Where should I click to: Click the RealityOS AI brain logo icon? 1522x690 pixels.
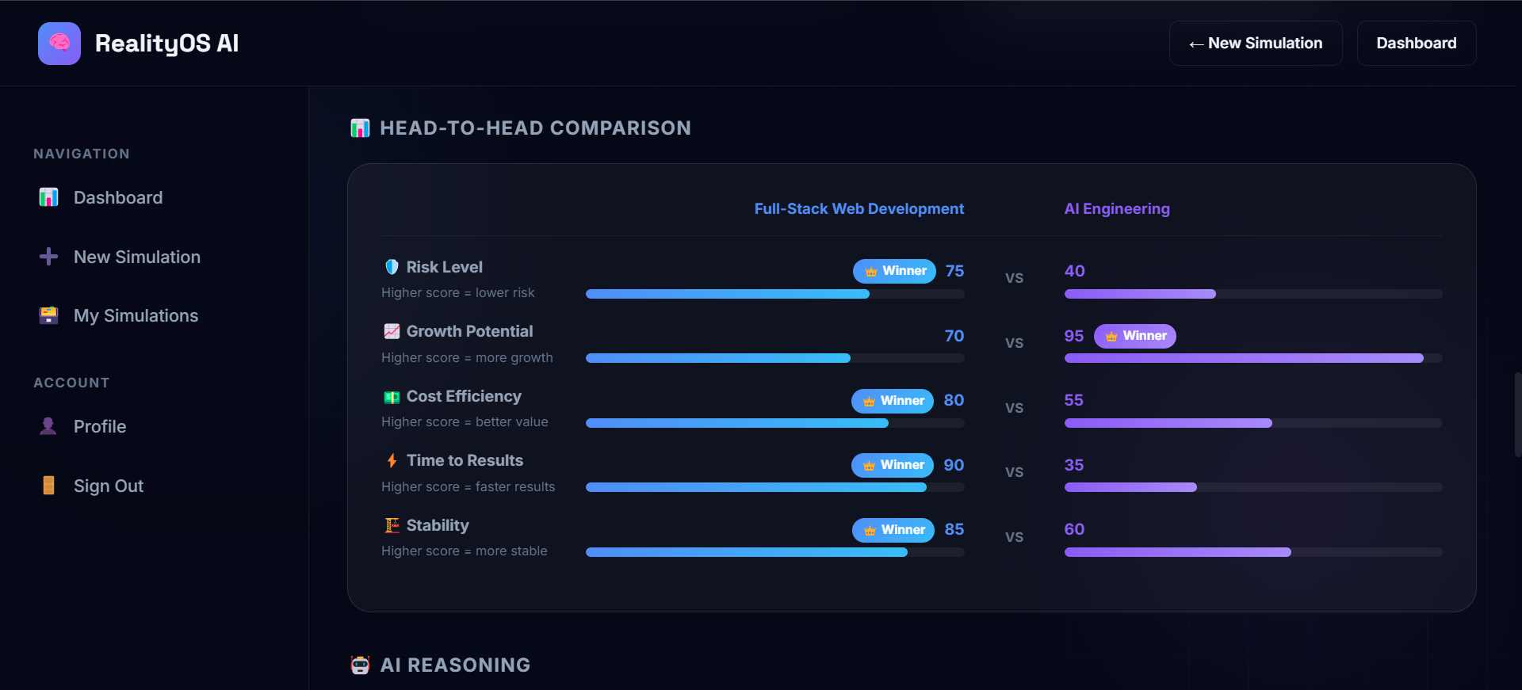pyautogui.click(x=59, y=44)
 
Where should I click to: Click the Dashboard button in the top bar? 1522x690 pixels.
pyautogui.click(x=1416, y=44)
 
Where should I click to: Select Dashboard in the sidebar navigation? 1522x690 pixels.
pyautogui.click(x=117, y=197)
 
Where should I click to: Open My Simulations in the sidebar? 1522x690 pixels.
pyautogui.click(x=136, y=315)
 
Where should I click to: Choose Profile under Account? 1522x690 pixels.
pyautogui.click(x=99, y=426)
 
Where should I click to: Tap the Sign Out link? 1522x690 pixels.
pyautogui.click(x=108, y=486)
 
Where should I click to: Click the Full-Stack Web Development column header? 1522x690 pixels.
pyautogui.click(x=859, y=208)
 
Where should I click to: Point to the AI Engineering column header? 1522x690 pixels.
pyautogui.click(x=1116, y=208)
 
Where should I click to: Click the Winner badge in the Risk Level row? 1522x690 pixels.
pyautogui.click(x=894, y=271)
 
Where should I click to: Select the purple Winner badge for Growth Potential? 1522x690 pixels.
pyautogui.click(x=1134, y=336)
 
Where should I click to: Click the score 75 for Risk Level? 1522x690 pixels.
pyautogui.click(x=954, y=271)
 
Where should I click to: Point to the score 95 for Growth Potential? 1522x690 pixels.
pyautogui.click(x=1073, y=336)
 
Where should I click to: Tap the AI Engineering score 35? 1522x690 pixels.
pyautogui.click(x=1073, y=465)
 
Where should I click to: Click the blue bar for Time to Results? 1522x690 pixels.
pyautogui.click(x=755, y=487)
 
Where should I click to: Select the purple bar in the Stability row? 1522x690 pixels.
pyautogui.click(x=1177, y=552)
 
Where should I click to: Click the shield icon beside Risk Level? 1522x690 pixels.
pyautogui.click(x=392, y=267)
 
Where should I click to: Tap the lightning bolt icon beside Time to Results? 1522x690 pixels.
pyautogui.click(x=392, y=460)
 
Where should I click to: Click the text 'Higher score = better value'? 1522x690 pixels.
pyautogui.click(x=465, y=421)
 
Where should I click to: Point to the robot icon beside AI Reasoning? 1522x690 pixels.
pyautogui.click(x=360, y=665)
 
